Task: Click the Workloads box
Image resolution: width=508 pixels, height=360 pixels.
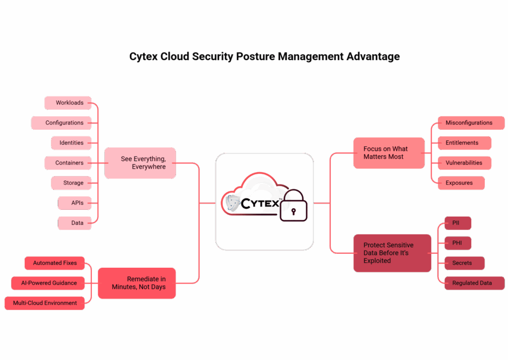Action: pyautogui.click(x=68, y=103)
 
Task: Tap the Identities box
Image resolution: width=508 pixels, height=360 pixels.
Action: pyautogui.click(x=71, y=143)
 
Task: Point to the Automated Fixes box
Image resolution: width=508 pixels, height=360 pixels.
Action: pyautogui.click(x=55, y=263)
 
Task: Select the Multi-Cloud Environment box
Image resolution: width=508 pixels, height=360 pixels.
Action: pyautogui.click(x=45, y=303)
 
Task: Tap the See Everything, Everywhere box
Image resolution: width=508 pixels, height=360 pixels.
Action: pyautogui.click(x=140, y=163)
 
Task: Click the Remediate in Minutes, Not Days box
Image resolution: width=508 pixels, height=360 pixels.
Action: pyautogui.click(x=137, y=283)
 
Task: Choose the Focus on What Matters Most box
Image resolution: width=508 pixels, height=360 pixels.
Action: pyautogui.click(x=388, y=153)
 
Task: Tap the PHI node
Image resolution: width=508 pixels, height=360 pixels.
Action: pyautogui.click(x=457, y=243)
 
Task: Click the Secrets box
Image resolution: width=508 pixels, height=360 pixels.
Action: pyautogui.click(x=463, y=263)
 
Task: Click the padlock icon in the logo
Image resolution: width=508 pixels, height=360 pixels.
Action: pyautogui.click(x=293, y=206)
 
